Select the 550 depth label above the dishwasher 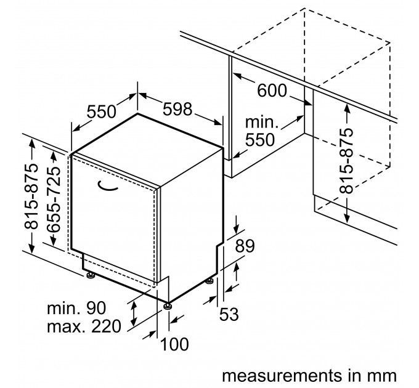tap(101, 111)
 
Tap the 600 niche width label tap(272, 91)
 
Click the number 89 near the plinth tap(245, 248)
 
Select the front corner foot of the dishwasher tap(167, 305)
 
